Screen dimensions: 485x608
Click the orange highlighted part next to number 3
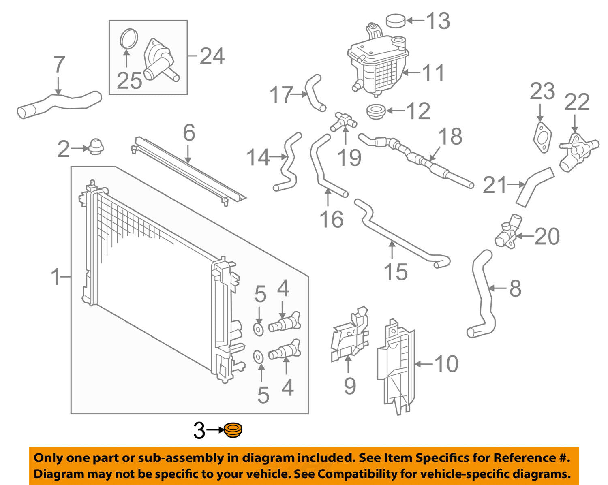point(233,430)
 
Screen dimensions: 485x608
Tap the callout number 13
point(438,21)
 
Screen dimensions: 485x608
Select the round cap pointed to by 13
point(395,20)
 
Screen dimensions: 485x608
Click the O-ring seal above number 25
point(129,40)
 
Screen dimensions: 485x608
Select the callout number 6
point(189,133)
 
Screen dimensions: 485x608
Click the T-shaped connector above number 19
point(343,120)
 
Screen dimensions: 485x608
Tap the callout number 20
point(547,236)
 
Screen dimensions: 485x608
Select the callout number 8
point(515,288)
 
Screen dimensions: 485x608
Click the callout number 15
point(395,271)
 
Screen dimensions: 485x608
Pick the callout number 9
point(349,385)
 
